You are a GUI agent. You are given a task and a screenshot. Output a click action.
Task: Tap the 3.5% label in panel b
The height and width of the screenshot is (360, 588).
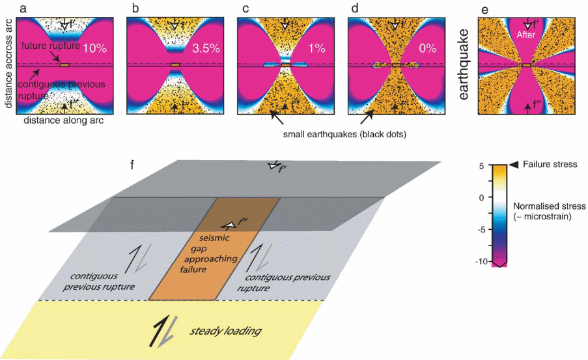(x=206, y=48)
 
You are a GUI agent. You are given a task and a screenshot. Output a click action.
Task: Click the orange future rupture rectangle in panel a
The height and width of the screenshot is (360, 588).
(x=64, y=65)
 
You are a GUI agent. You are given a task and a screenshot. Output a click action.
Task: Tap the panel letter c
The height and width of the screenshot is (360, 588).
(x=241, y=8)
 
